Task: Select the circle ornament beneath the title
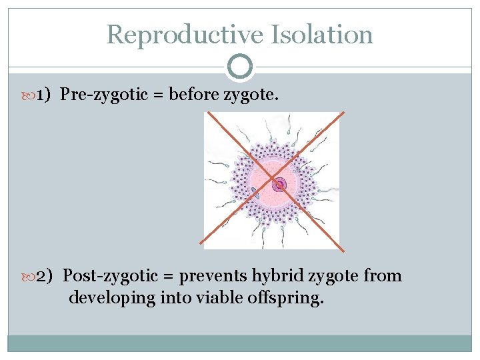pyautogui.click(x=240, y=67)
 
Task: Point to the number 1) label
pyautogui.click(x=44, y=95)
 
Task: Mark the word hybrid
pyautogui.click(x=275, y=276)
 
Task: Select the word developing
pyautogui.click(x=112, y=297)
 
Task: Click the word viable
pyautogui.click(x=219, y=297)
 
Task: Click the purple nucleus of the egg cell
pyautogui.click(x=279, y=184)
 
